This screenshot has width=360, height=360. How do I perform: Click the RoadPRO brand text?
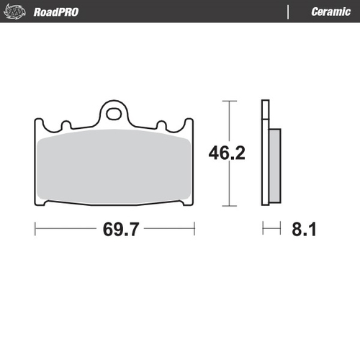click(x=56, y=12)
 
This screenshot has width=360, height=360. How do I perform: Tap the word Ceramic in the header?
click(x=330, y=12)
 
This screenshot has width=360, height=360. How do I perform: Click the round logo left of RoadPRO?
click(x=18, y=12)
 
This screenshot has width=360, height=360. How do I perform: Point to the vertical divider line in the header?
click(x=289, y=12)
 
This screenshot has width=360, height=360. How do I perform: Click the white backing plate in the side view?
click(x=265, y=155)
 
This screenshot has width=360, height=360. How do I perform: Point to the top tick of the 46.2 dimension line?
click(x=230, y=101)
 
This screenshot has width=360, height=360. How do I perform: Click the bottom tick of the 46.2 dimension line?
click(x=230, y=207)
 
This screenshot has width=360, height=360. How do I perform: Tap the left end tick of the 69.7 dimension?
click(x=35, y=230)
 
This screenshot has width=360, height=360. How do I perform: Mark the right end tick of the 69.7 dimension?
click(x=195, y=230)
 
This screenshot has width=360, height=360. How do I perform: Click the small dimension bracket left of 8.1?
click(x=271, y=230)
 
